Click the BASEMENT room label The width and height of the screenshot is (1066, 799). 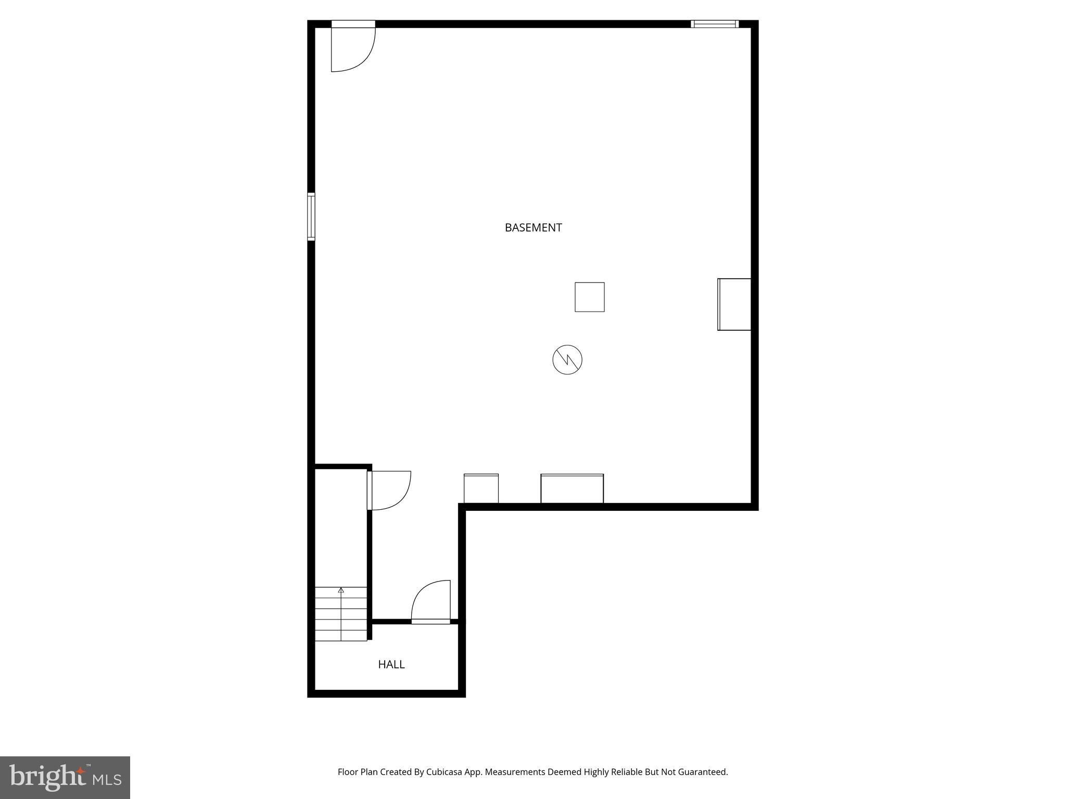tap(533, 227)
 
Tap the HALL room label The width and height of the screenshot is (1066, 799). tap(391, 664)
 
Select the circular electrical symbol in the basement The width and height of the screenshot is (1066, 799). tap(567, 359)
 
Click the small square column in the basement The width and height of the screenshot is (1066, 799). tap(589, 297)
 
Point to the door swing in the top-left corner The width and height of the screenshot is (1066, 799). tap(352, 49)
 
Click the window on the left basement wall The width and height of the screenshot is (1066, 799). tap(311, 216)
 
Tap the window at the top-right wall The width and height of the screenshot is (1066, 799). tap(714, 24)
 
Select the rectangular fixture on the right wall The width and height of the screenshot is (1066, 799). tap(734, 304)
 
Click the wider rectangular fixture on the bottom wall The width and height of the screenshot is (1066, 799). tap(572, 488)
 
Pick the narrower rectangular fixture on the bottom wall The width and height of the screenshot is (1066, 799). tap(481, 488)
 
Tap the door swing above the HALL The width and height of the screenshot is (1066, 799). tap(432, 601)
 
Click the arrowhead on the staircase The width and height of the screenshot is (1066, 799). tap(341, 590)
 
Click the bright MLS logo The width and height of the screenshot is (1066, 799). tap(65, 777)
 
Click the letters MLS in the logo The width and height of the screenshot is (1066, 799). tap(107, 780)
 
